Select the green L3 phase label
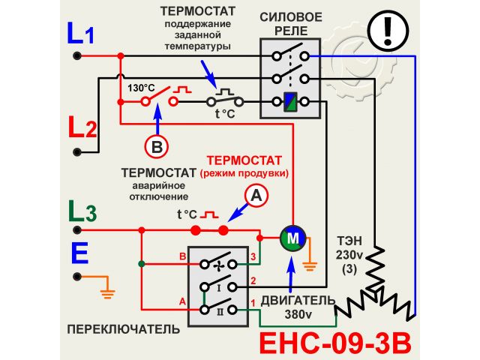pos(81,213)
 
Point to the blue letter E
pos(80,253)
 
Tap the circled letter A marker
pos(256,196)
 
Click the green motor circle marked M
pos(290,238)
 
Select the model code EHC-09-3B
pos(336,342)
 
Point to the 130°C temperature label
pos(141,88)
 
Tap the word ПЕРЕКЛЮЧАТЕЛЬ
pos(124,329)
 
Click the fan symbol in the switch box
pos(219,265)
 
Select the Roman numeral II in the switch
pos(219,309)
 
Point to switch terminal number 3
pos(253,257)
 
